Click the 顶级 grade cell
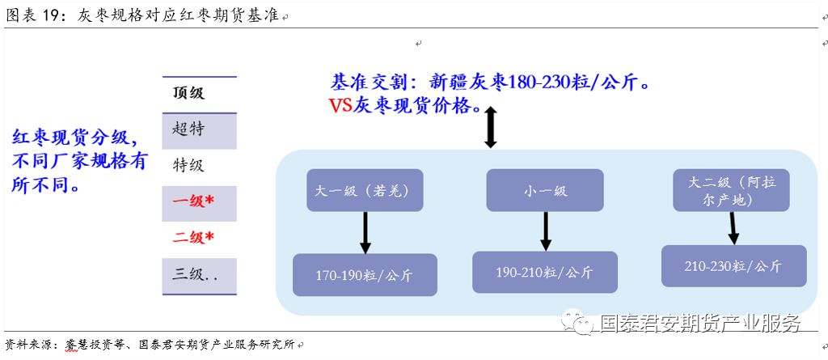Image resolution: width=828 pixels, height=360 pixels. pyautogui.click(x=199, y=93)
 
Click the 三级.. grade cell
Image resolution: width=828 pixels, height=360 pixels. pyautogui.click(x=199, y=275)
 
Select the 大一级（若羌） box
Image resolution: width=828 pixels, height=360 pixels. pyautogui.click(x=357, y=191)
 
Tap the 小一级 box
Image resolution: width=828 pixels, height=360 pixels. pyautogui.click(x=545, y=191)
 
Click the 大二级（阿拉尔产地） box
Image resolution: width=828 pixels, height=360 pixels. pyautogui.click(x=730, y=190)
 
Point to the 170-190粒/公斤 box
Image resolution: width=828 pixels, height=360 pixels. pyautogui.click(x=364, y=275)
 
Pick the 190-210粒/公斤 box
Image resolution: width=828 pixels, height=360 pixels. pyautogui.click(x=545, y=272)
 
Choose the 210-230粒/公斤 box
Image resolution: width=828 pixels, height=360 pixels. pyautogui.click(x=733, y=266)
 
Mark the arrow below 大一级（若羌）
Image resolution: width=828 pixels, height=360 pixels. pyautogui.click(x=365, y=233)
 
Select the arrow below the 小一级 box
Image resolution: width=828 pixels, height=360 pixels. pyautogui.click(x=546, y=231)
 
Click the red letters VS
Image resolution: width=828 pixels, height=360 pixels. pyautogui.click(x=340, y=105)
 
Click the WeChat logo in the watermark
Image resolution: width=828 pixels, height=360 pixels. pyautogui.click(x=580, y=323)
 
